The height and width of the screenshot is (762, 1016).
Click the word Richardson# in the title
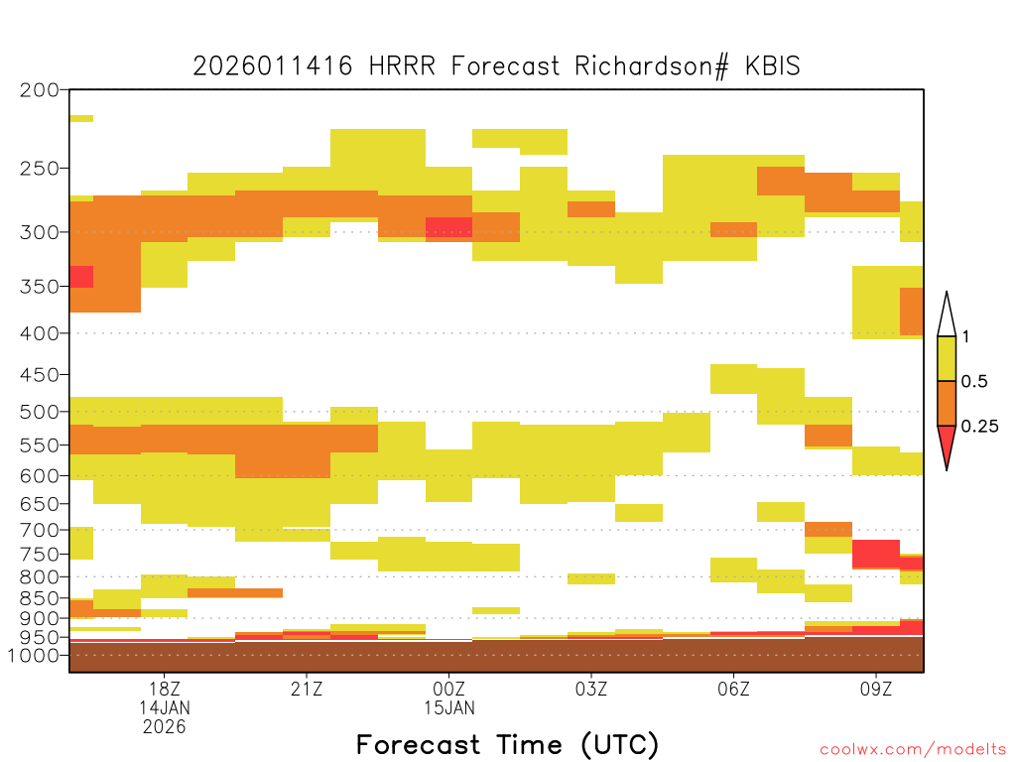click(651, 66)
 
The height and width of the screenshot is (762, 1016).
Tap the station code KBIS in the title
click(773, 66)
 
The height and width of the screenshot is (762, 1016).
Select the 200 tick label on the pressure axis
click(40, 90)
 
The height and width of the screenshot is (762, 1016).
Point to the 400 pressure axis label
click(40, 333)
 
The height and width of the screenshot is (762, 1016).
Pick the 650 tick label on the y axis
click(40, 503)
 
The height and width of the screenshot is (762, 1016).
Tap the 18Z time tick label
click(165, 689)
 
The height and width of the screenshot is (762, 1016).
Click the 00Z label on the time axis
click(449, 689)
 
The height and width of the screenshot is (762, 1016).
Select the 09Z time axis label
click(876, 689)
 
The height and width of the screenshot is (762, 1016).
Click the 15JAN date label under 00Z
click(449, 708)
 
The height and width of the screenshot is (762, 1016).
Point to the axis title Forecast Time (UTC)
click(507, 745)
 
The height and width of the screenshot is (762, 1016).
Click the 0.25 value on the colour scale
click(979, 427)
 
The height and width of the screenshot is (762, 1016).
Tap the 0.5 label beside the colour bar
click(974, 381)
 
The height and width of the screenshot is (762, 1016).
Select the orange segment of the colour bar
click(947, 403)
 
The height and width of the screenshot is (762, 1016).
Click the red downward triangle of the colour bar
click(947, 444)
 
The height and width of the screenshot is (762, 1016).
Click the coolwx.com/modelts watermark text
click(913, 750)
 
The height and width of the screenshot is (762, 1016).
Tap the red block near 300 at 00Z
click(449, 227)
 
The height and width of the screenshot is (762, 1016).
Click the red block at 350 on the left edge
click(81, 277)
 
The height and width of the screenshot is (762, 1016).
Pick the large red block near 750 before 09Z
click(876, 554)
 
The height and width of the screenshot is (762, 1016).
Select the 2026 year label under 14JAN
click(165, 727)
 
